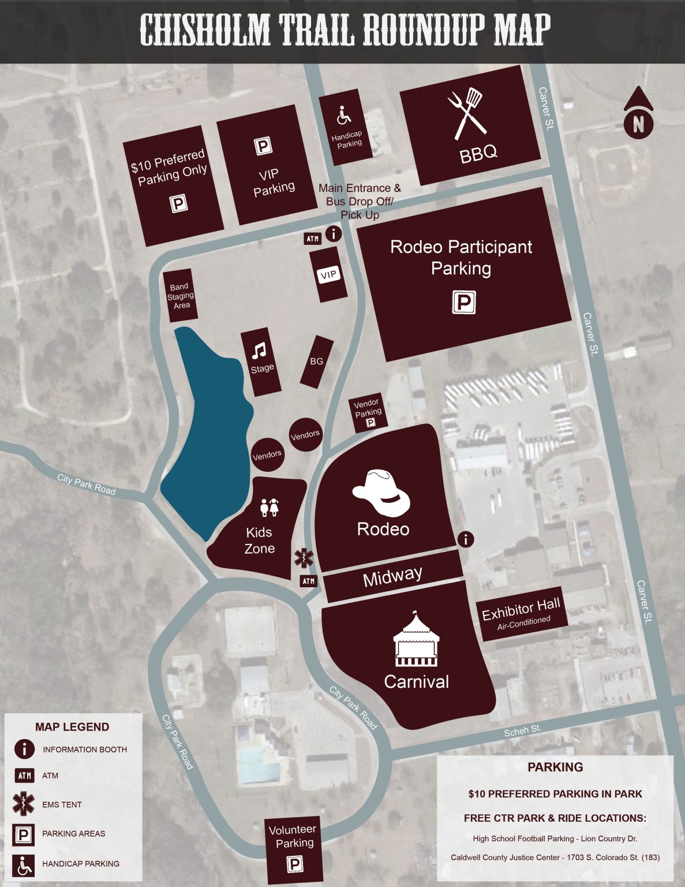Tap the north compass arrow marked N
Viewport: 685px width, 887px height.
pyautogui.click(x=638, y=113)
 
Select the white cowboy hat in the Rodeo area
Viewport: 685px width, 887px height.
pyautogui.click(x=381, y=492)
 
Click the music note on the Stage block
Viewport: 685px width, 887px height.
pyautogui.click(x=259, y=350)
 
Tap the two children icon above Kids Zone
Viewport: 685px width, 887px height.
pyautogui.click(x=269, y=508)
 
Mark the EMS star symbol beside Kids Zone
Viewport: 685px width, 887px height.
pyautogui.click(x=304, y=557)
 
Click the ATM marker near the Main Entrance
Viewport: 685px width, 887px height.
pyautogui.click(x=312, y=238)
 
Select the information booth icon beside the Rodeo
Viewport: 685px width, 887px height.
pyautogui.click(x=466, y=539)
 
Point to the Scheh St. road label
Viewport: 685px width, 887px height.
pyautogui.click(x=522, y=731)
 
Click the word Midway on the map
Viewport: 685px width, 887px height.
pyautogui.click(x=392, y=576)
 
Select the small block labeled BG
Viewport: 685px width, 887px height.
pyautogui.click(x=317, y=361)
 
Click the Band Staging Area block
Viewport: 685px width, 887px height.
pyautogui.click(x=181, y=296)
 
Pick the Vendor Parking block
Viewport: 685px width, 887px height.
pyautogui.click(x=368, y=413)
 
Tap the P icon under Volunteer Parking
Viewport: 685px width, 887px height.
pyautogui.click(x=295, y=864)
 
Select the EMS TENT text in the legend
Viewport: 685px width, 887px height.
pyautogui.click(x=62, y=804)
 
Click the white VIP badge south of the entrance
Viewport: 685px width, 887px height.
pyautogui.click(x=328, y=275)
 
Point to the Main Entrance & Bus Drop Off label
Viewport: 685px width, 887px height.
pyautogui.click(x=360, y=201)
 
